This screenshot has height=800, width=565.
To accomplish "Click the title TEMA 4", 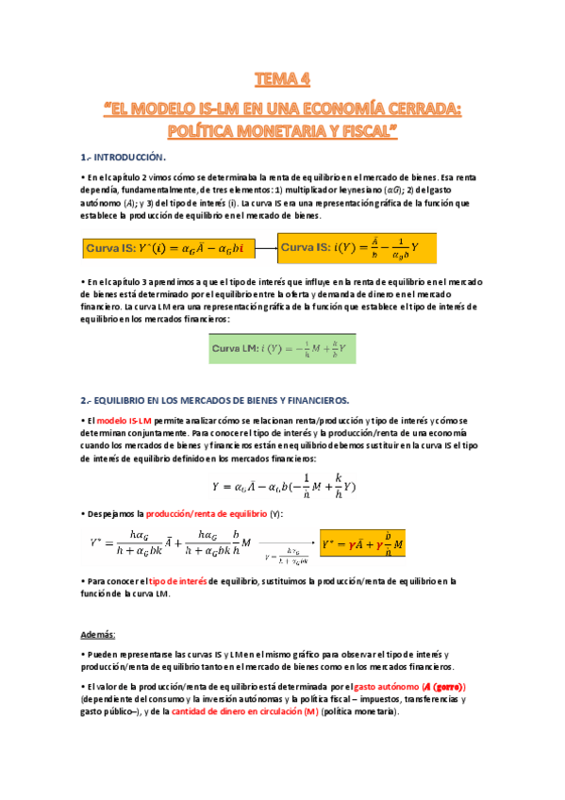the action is tap(282, 77).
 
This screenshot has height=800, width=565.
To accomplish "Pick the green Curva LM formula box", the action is tap(282, 351).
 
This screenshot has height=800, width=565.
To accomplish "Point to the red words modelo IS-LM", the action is tap(125, 419).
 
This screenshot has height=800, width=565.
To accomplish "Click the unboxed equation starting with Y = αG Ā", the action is tap(283, 486).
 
